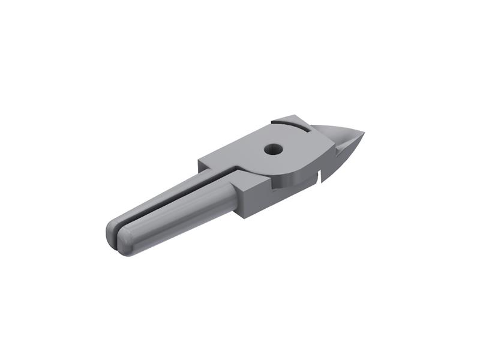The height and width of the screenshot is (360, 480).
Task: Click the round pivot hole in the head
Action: pos(274,148)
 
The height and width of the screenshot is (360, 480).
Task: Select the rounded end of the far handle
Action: pos(111,231)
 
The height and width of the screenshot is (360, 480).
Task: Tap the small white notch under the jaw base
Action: pos(321,176)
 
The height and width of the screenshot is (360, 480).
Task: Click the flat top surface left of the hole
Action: pos(240,153)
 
